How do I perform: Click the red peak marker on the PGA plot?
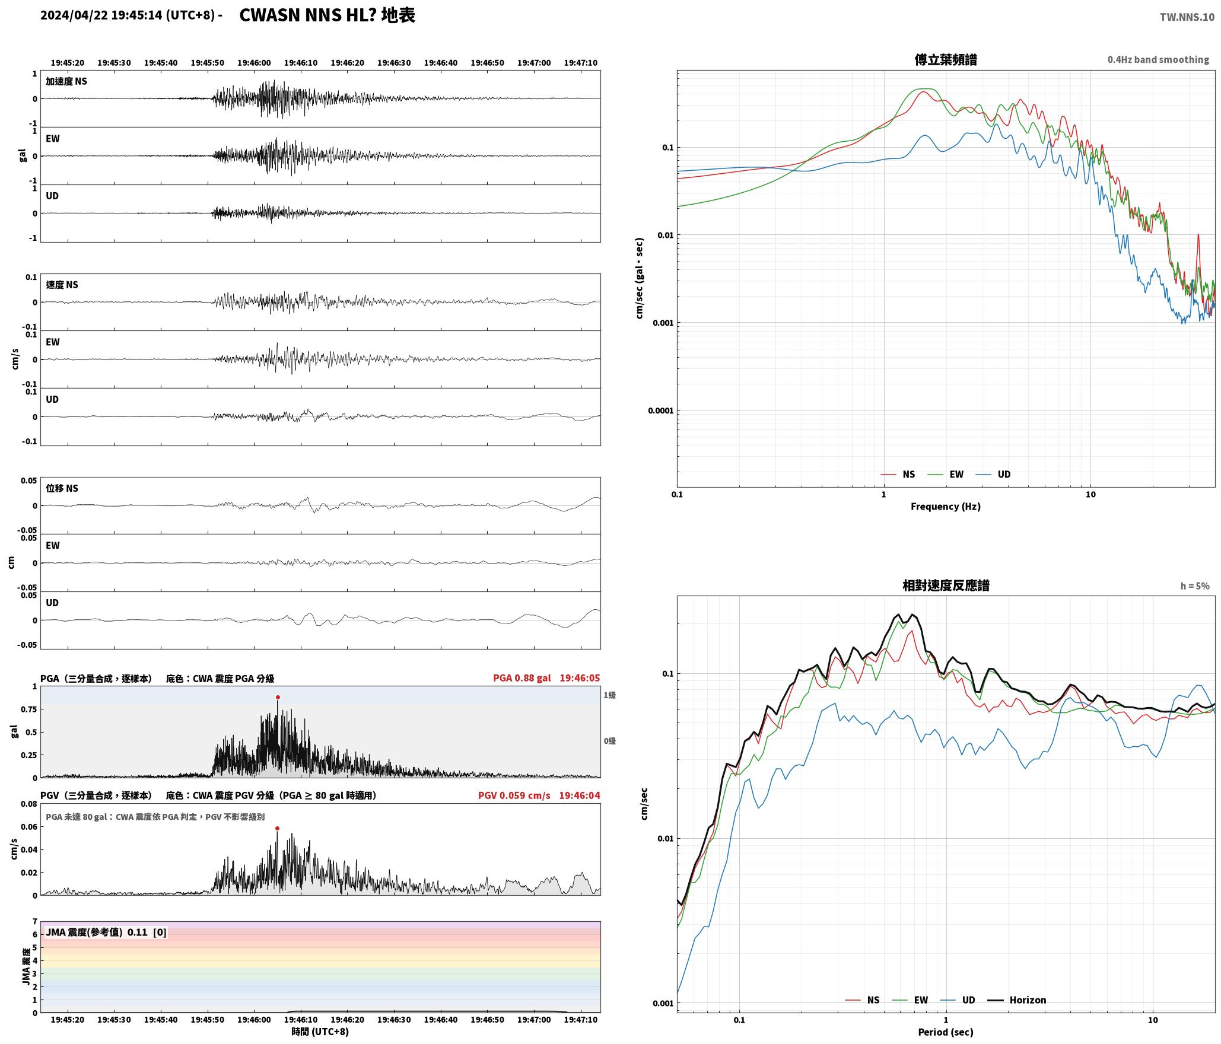pyautogui.click(x=278, y=698)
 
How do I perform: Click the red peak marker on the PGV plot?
pyautogui.click(x=277, y=828)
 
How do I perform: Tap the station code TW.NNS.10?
pyautogui.click(x=1187, y=17)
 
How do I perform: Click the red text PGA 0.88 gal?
pyautogui.click(x=522, y=678)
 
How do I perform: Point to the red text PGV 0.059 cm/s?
pyautogui.click(x=514, y=795)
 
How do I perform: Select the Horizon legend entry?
pyautogui.click(x=1017, y=1000)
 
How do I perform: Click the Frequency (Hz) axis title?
pyautogui.click(x=946, y=506)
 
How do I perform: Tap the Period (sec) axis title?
pyautogui.click(x=946, y=1032)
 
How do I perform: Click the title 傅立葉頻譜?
pyautogui.click(x=946, y=59)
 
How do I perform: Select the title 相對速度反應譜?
pyautogui.click(x=946, y=585)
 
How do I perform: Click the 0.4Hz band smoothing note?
pyautogui.click(x=1158, y=59)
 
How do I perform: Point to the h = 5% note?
pyautogui.click(x=1195, y=586)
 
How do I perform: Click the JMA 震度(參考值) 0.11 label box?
pyautogui.click(x=106, y=932)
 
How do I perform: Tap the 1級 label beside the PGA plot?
pyautogui.click(x=609, y=695)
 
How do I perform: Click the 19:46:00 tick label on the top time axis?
pyautogui.click(x=254, y=62)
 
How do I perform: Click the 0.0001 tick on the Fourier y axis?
pyautogui.click(x=660, y=410)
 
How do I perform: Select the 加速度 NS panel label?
pyautogui.click(x=66, y=81)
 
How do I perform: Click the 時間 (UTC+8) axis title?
pyautogui.click(x=320, y=1032)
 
